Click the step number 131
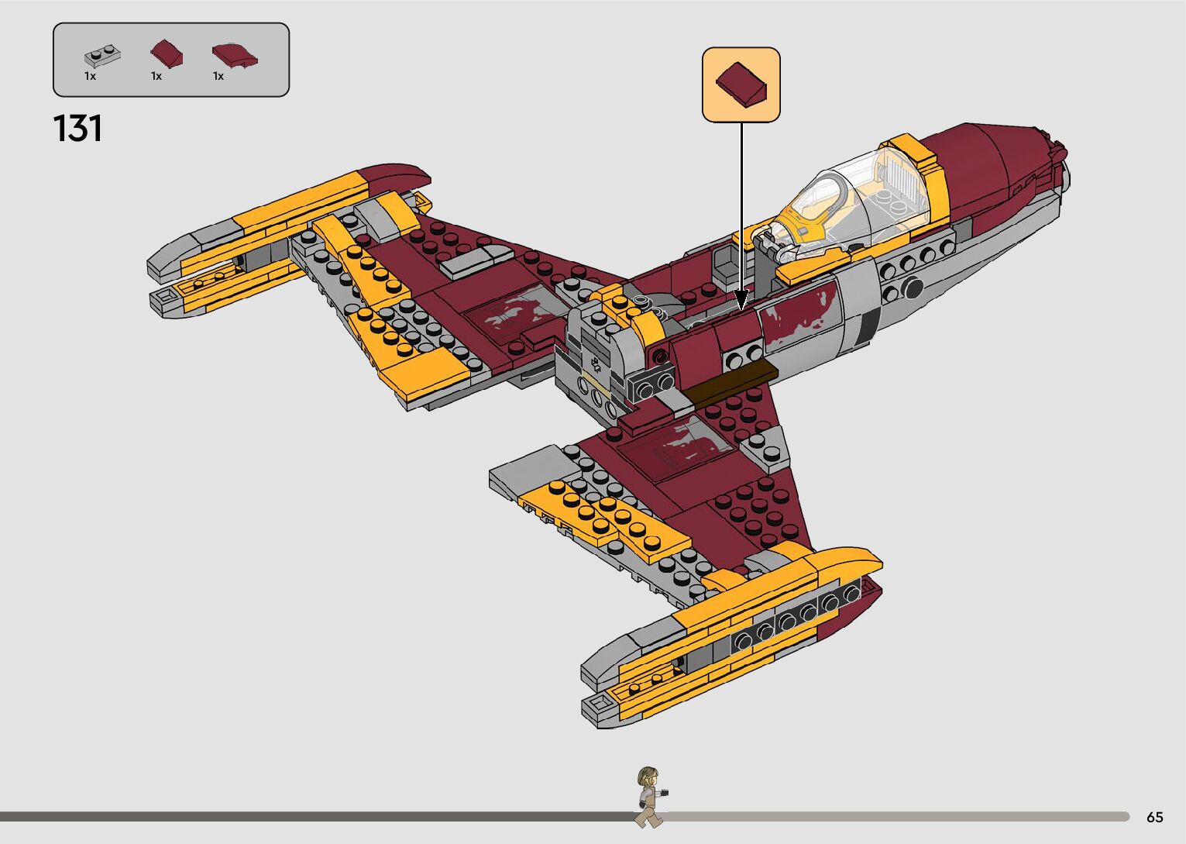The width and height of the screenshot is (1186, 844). click(78, 129)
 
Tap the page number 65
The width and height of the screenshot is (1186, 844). click(1154, 817)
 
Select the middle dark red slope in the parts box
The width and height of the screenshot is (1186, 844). click(167, 54)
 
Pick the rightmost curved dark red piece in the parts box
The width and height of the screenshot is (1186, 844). click(234, 55)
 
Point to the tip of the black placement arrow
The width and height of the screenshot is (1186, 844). click(741, 307)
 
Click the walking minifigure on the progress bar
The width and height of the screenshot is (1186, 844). click(649, 796)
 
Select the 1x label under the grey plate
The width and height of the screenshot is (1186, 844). click(90, 77)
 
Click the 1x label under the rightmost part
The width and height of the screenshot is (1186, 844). click(218, 77)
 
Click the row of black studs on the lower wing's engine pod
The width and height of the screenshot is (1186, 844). click(798, 618)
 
